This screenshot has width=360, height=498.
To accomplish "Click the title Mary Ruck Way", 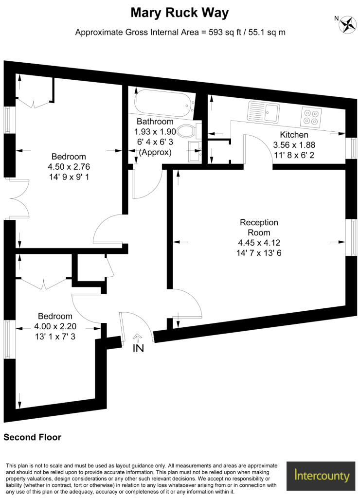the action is coord(180,13).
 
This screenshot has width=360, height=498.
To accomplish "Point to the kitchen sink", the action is coord(263,111).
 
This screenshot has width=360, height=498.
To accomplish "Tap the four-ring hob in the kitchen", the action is coord(311,117).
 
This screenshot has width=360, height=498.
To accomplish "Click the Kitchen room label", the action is coord(294,135).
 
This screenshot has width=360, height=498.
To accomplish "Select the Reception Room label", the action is coord(259,228).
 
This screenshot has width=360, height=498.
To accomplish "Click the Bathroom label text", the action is coord(155,121).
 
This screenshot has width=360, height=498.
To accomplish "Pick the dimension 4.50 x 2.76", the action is coord(69,166).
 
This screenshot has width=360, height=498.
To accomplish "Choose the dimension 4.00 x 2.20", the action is coord(55,326).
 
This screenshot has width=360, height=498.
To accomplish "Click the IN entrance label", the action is coord(138,348).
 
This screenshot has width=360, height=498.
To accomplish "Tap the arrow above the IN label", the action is coord(137,337).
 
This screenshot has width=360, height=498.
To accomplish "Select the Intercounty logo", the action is coord(321,476).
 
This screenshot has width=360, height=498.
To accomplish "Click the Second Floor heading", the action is coord(33,437).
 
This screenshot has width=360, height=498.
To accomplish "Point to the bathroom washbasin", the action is coord(195,151).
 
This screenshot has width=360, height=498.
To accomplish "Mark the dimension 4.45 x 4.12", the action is coord(259,243).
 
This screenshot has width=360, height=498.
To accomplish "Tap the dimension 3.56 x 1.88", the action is coord(294,145).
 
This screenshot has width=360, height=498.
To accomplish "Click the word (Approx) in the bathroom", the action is coord(155,152).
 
